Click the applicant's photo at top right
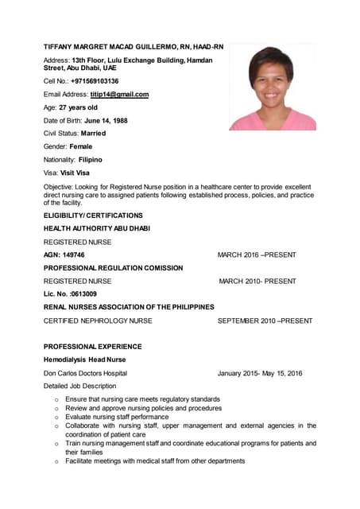[x=272, y=87]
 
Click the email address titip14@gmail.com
[x=119, y=95]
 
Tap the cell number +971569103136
[x=95, y=81]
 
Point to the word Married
[x=93, y=134]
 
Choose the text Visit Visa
[x=75, y=173]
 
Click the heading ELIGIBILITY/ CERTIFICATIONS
[x=93, y=216]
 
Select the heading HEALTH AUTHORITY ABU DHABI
[x=96, y=228]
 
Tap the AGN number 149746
[x=73, y=254]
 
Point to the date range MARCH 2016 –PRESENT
[x=257, y=254]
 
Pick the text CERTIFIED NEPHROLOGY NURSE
[x=98, y=321]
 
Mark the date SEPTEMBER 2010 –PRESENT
[x=265, y=321]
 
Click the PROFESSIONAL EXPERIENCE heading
[x=92, y=347]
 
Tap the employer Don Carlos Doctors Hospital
[x=85, y=373]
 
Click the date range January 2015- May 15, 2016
[x=260, y=373]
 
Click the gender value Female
[x=81, y=146]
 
